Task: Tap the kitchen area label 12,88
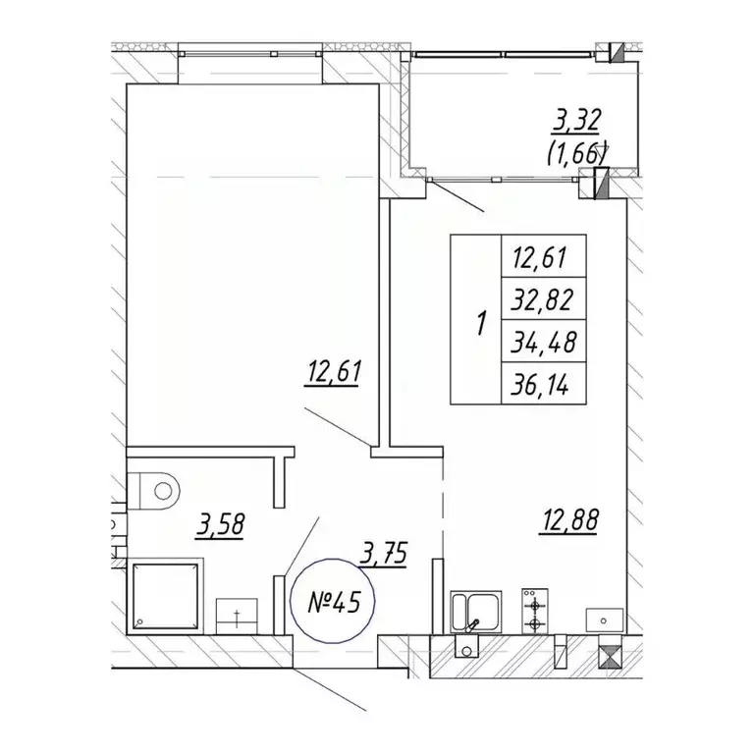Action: click(569, 520)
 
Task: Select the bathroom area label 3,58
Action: click(221, 525)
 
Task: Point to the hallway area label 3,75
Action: click(383, 554)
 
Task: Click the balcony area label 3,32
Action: click(576, 121)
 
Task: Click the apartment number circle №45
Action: click(333, 601)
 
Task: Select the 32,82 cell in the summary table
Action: click(543, 298)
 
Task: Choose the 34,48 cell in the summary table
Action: click(543, 341)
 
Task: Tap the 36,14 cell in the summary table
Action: click(543, 383)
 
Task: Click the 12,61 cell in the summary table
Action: click(543, 256)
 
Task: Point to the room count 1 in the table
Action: click(481, 323)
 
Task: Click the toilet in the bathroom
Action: click(153, 491)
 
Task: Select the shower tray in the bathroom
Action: click(165, 596)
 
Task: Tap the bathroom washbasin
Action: click(237, 616)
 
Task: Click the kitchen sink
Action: click(475, 612)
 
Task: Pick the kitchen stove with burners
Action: click(534, 611)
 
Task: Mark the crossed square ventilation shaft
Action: click(610, 657)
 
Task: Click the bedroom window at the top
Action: click(250, 53)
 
